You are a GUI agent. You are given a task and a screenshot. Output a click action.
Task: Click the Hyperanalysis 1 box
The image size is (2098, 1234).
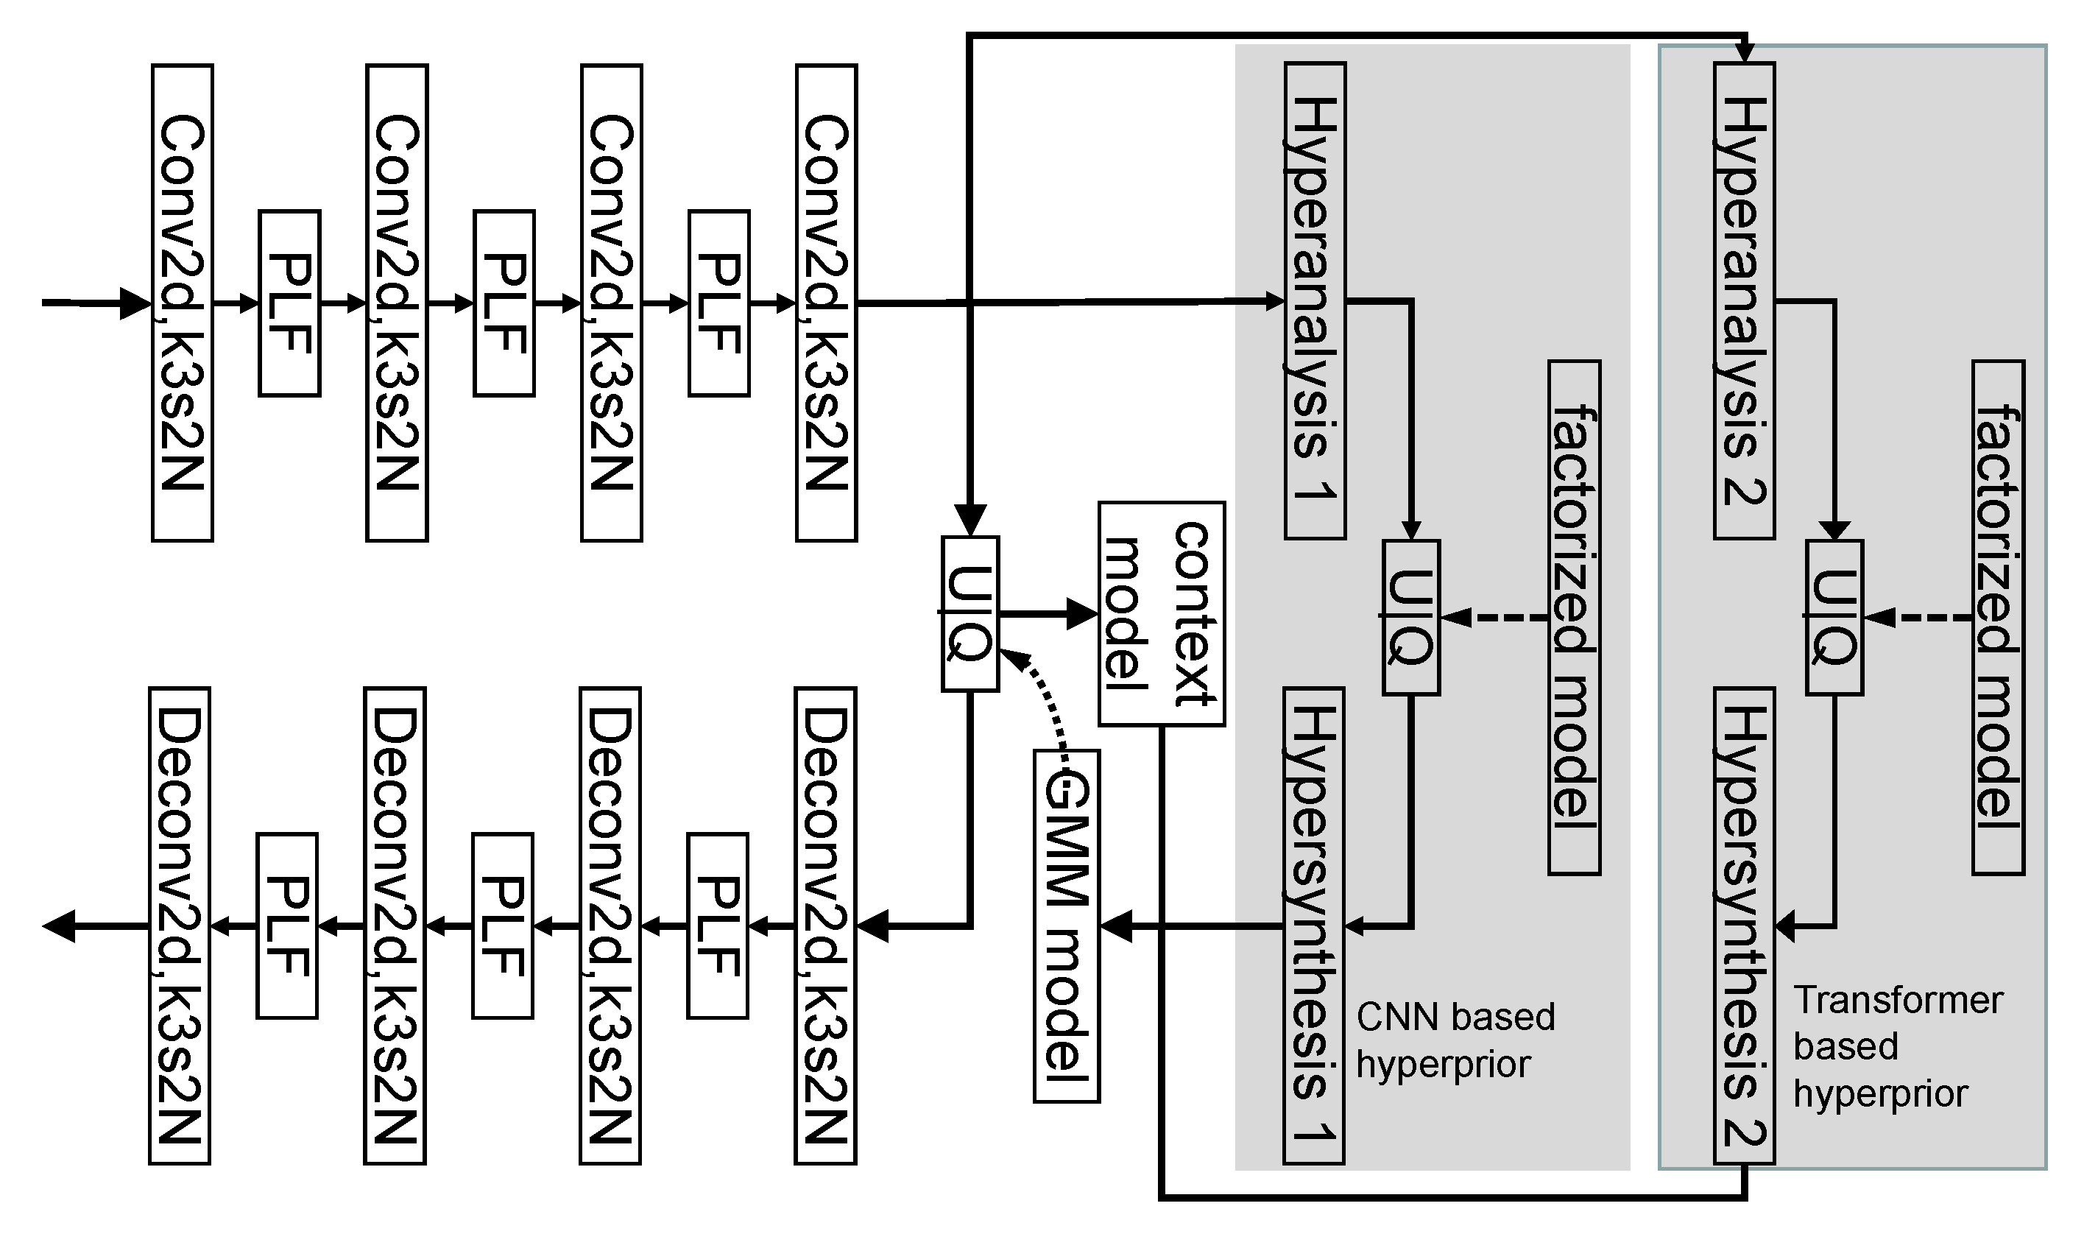(x=1315, y=300)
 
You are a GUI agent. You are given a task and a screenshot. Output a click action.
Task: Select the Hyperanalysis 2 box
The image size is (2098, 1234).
(x=1744, y=300)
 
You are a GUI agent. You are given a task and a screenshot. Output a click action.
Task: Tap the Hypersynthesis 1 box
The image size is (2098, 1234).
(x=1313, y=924)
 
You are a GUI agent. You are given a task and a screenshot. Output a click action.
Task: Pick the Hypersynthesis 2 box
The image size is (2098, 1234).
(x=1744, y=924)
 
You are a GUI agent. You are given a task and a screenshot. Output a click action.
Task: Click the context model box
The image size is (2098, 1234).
(x=1162, y=613)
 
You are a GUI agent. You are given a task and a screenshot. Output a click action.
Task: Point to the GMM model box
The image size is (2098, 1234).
(x=1067, y=926)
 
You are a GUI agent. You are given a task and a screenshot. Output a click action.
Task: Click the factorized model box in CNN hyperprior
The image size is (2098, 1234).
(x=1574, y=617)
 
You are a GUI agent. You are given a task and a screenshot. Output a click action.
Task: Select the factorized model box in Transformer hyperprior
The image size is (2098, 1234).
(x=1998, y=617)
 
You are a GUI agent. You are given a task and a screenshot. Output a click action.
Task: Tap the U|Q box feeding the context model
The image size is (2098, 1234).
(x=970, y=613)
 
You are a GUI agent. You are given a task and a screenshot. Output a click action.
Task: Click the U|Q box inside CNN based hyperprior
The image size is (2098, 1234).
(x=1410, y=617)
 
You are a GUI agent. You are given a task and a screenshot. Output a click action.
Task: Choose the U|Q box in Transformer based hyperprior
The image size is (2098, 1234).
(x=1834, y=617)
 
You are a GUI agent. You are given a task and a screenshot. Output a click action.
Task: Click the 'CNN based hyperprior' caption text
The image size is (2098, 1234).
(x=1455, y=1040)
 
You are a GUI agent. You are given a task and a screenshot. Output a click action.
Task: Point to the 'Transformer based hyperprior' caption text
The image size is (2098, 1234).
(x=1896, y=1047)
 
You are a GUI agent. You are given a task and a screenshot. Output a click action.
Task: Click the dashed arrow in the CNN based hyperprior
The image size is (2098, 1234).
(x=1494, y=618)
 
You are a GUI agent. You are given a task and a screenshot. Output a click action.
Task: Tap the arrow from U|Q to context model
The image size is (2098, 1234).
(x=1049, y=615)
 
